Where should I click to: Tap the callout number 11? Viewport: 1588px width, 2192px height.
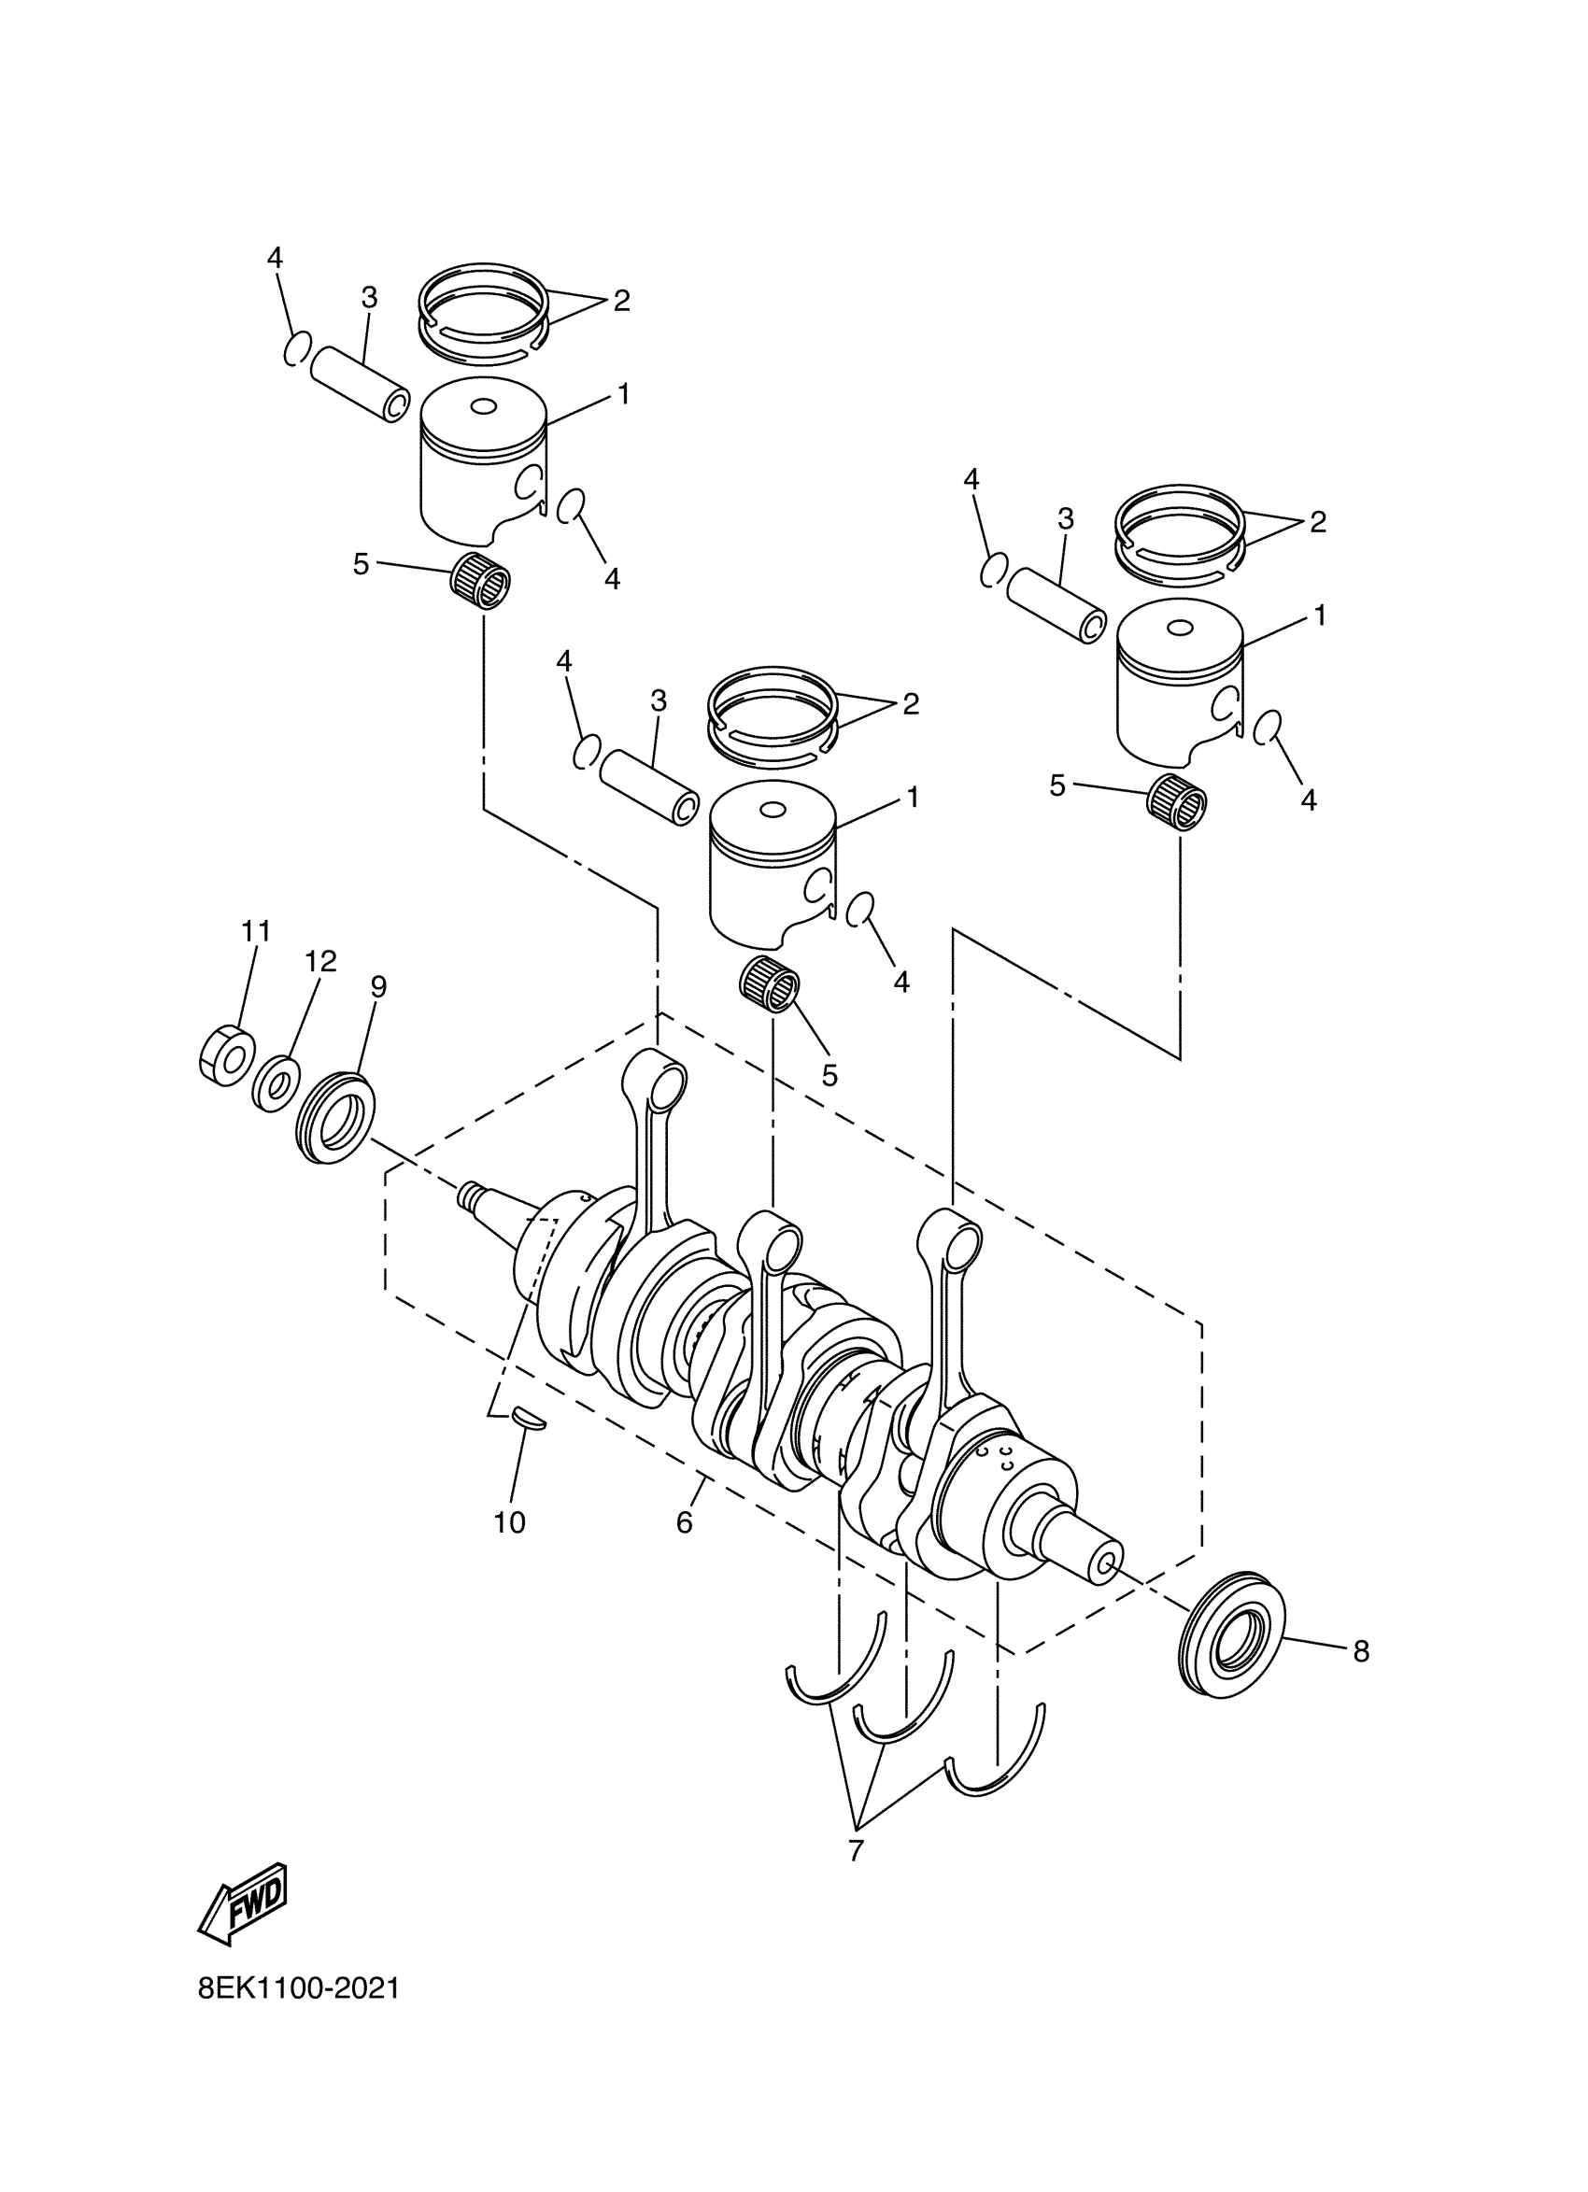[x=255, y=932]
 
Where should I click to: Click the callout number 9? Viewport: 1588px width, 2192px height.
[x=378, y=987]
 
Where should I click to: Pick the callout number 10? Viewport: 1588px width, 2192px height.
[x=509, y=1523]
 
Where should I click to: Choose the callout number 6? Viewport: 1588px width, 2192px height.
[x=685, y=1523]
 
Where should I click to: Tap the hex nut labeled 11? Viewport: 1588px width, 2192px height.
[x=227, y=1054]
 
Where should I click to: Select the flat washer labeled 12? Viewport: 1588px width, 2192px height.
[x=276, y=1084]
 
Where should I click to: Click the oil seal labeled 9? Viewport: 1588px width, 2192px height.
[x=336, y=1118]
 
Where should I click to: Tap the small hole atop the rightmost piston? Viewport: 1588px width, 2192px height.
[x=1179, y=629]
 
